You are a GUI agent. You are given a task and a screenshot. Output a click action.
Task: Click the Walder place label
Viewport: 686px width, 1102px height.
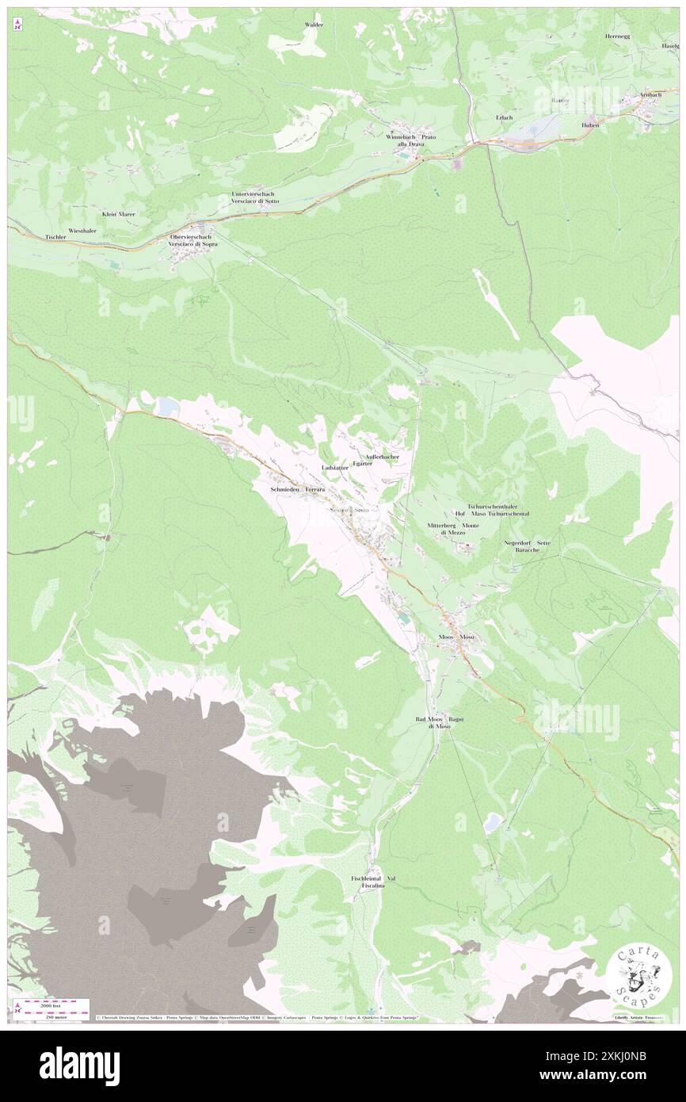(x=314, y=25)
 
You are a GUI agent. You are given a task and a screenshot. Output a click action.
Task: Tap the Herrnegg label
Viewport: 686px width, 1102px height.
(x=617, y=36)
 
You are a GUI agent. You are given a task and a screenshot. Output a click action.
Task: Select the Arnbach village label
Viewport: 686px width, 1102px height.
(x=650, y=95)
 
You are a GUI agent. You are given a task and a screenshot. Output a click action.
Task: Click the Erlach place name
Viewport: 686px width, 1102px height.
(x=504, y=117)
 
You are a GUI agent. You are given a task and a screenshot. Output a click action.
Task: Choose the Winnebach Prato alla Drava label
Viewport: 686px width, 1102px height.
(x=410, y=140)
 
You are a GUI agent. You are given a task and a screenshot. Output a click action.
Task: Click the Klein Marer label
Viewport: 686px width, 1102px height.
(x=118, y=214)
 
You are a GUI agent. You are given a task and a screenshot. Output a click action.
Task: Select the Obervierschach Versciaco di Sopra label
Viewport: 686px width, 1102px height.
(x=193, y=241)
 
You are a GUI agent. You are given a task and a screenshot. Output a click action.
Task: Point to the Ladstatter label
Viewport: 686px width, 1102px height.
(x=335, y=469)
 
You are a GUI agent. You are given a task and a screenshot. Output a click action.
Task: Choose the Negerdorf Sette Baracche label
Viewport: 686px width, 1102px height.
(x=528, y=546)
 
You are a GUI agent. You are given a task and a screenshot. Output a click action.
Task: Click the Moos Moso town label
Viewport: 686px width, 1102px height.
(x=456, y=637)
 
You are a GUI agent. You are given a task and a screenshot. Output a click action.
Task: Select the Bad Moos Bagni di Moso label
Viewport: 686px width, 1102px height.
(x=440, y=722)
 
